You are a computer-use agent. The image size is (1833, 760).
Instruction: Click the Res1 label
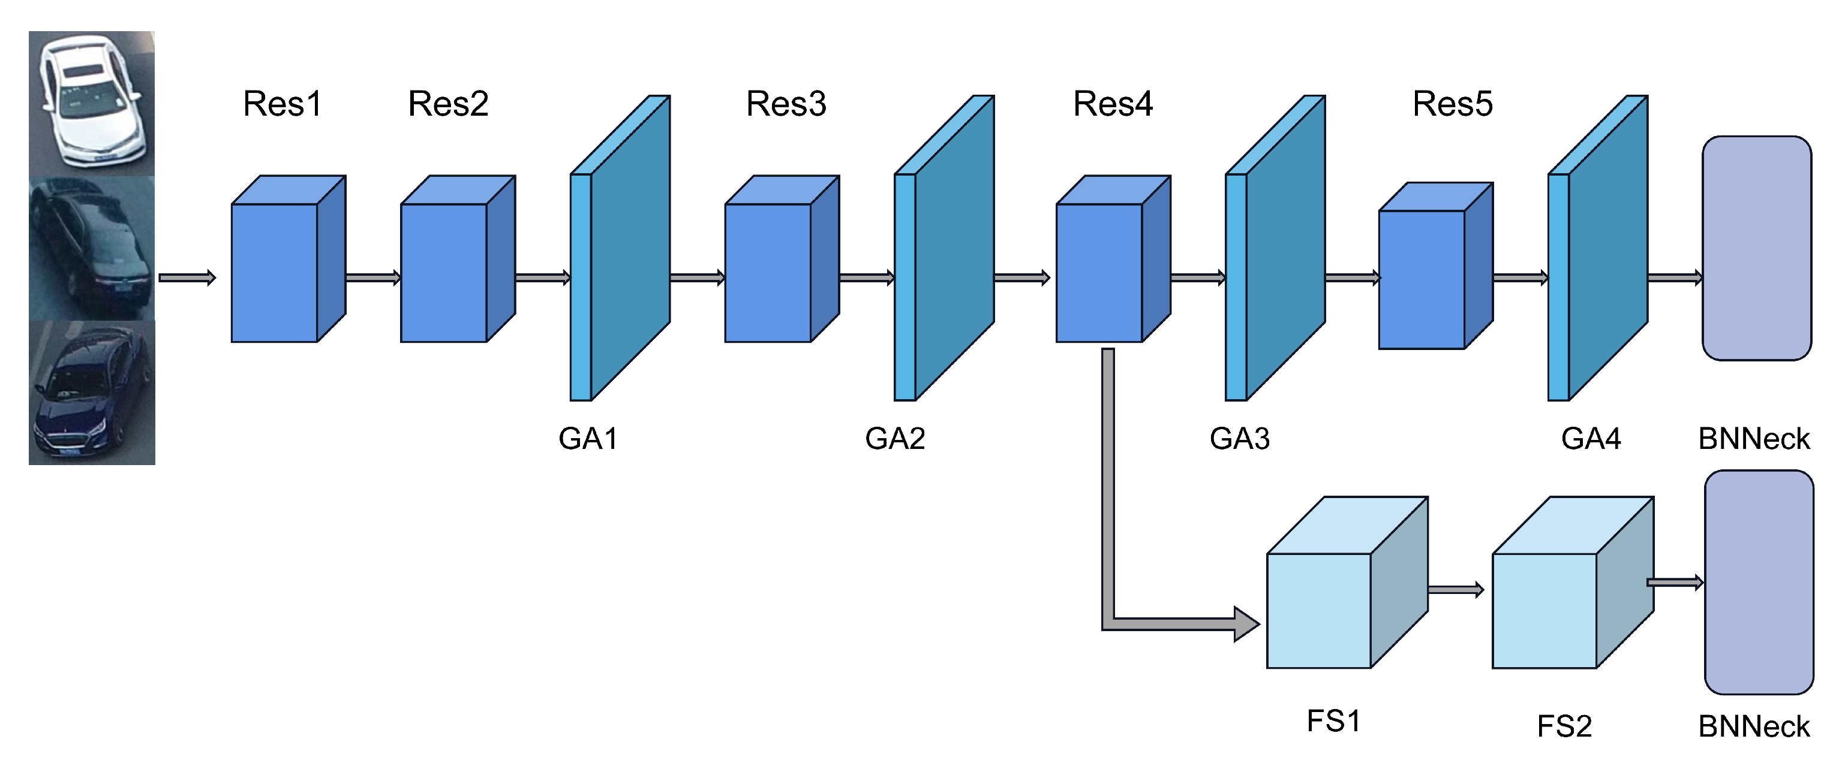pyautogui.click(x=282, y=104)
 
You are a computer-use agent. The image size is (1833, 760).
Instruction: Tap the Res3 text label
pyautogui.click(x=786, y=104)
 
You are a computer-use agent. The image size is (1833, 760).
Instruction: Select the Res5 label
pyautogui.click(x=1452, y=104)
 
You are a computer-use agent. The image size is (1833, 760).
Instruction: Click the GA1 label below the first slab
pyautogui.click(x=588, y=439)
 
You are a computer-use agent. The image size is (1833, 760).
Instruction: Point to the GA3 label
pyautogui.click(x=1240, y=439)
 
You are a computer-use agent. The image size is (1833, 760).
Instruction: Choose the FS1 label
pyautogui.click(x=1333, y=721)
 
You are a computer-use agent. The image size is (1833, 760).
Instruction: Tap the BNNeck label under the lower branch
pyautogui.click(x=1753, y=726)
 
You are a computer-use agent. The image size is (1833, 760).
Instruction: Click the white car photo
pyautogui.click(x=92, y=103)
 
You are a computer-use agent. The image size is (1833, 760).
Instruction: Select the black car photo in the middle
pyautogui.click(x=92, y=248)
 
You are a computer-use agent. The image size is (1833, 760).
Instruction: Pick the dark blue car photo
pyautogui.click(x=92, y=393)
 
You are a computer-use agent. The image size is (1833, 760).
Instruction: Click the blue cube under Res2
pyautogui.click(x=444, y=272)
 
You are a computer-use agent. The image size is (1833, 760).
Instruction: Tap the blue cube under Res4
pyautogui.click(x=1099, y=272)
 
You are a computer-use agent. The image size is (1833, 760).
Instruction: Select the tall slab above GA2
pyautogui.click(x=945, y=249)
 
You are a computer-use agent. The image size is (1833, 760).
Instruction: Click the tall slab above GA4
pyautogui.click(x=1599, y=249)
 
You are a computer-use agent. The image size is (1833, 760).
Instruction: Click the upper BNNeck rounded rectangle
pyautogui.click(x=1756, y=248)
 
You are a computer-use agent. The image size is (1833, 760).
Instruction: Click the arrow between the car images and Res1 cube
pyautogui.click(x=187, y=278)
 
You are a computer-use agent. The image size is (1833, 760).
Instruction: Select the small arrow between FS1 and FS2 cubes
pyautogui.click(x=1455, y=589)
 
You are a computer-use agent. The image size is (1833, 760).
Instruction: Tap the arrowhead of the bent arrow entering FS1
pyautogui.click(x=1246, y=624)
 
